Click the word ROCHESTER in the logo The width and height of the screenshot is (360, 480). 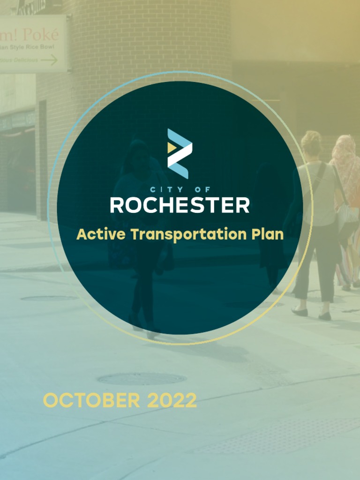(180, 205)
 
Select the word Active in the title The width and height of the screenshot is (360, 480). (101, 234)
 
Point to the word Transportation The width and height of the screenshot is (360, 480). (187, 234)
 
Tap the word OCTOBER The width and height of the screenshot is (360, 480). (91, 401)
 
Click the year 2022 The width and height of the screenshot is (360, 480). (172, 401)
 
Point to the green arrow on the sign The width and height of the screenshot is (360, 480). (49, 60)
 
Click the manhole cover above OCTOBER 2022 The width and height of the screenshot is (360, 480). (141, 378)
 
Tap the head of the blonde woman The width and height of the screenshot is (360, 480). (311, 143)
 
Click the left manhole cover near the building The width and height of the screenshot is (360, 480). (49, 298)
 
